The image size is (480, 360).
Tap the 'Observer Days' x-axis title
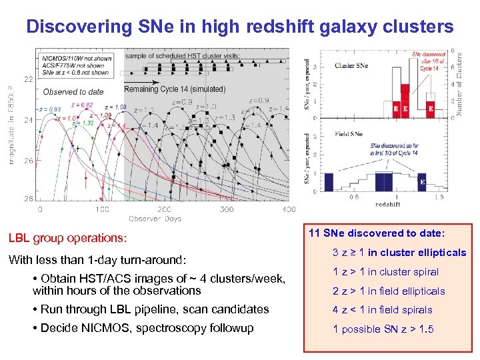tap(155, 219)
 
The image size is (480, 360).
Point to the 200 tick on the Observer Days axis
tap(165, 209)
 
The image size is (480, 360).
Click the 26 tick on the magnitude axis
tap(29, 161)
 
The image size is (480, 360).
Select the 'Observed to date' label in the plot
tap(73, 91)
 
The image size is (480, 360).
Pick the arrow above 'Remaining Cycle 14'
tap(141, 89)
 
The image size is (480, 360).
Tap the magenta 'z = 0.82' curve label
tap(82, 105)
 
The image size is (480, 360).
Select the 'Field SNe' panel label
tap(349, 135)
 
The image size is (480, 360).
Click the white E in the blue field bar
tap(421, 181)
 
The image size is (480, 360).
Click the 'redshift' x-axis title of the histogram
tap(388, 203)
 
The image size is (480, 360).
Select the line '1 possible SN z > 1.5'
tap(383, 329)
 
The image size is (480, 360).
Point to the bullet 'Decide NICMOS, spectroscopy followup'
tap(147, 328)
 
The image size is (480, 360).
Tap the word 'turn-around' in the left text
tap(154, 260)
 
